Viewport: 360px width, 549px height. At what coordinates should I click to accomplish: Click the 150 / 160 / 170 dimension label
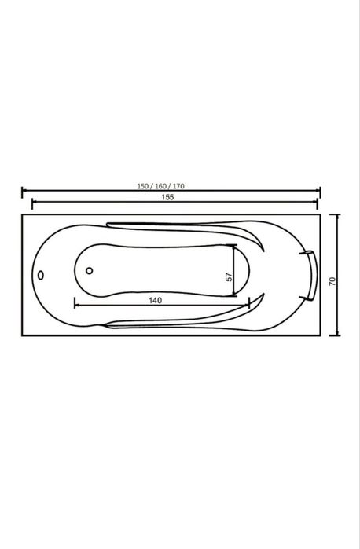tap(160, 186)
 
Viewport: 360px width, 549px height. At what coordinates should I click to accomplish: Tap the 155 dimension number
tap(167, 197)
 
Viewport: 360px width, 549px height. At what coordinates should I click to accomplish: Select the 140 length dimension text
tap(156, 300)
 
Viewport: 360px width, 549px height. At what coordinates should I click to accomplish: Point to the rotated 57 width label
tap(229, 277)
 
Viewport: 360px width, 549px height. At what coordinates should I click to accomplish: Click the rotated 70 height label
tap(332, 281)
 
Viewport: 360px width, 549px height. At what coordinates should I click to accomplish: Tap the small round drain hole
tap(90, 271)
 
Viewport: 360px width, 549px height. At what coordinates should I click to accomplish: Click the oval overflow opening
tap(41, 275)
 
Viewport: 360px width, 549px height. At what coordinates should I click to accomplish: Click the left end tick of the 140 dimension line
tap(75, 303)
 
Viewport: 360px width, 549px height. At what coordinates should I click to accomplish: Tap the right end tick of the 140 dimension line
tap(249, 303)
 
